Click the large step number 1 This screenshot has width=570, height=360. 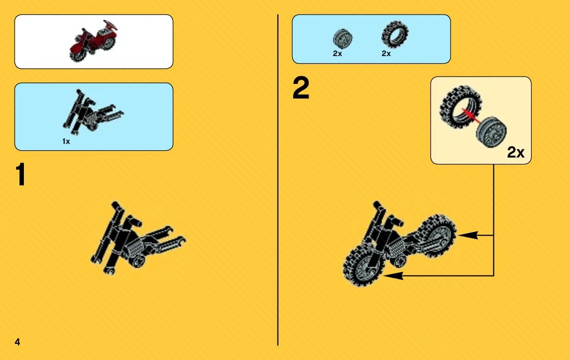20,175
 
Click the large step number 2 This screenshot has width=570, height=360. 301,88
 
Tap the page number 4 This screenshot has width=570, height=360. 17,342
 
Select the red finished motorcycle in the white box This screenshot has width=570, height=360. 94,40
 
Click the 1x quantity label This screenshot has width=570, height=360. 66,141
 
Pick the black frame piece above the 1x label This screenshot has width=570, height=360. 92,111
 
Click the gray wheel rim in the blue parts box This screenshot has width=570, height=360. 342,39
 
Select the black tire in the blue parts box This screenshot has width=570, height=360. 395,35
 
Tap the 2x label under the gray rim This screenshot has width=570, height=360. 337,54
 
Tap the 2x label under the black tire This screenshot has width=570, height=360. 386,54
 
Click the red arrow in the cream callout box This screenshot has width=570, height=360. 469,114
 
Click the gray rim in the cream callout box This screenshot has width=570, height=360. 491,132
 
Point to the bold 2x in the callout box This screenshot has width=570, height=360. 515,152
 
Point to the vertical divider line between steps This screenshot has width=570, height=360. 278,180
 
